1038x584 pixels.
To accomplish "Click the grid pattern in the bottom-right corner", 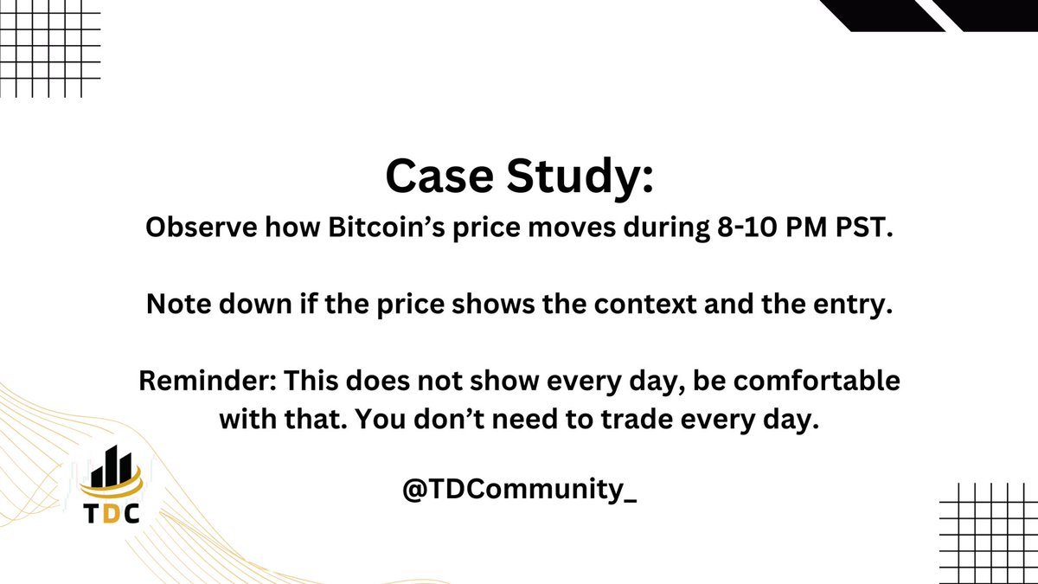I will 988,532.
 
